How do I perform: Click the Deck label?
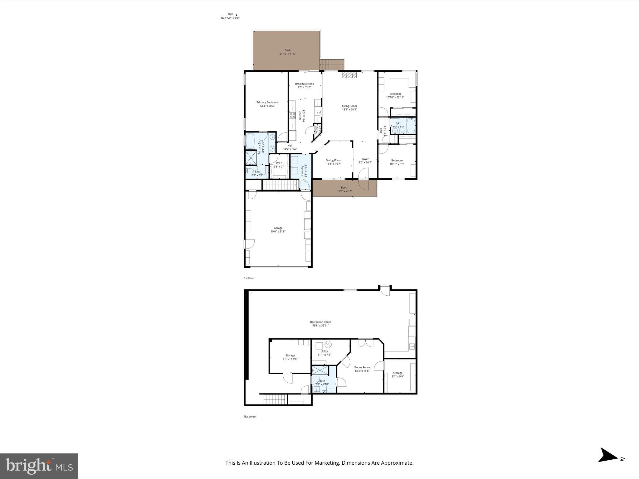pyautogui.click(x=287, y=50)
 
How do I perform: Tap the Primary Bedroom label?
pyautogui.click(x=267, y=102)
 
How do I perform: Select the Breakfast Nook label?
pyautogui.click(x=304, y=84)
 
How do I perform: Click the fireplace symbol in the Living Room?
pyautogui.click(x=349, y=75)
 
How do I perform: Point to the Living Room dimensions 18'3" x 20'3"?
pyautogui.click(x=349, y=109)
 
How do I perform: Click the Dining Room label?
pyautogui.click(x=334, y=160)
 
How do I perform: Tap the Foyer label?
pyautogui.click(x=365, y=159)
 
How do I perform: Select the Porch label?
pyautogui.click(x=344, y=187)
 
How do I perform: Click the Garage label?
pyautogui.click(x=278, y=228)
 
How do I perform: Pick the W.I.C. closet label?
pyautogui.click(x=279, y=163)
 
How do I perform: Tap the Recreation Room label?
pyautogui.click(x=320, y=322)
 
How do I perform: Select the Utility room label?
pyautogui.click(x=324, y=351)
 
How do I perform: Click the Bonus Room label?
pyautogui.click(x=362, y=367)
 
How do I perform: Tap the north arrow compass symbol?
pyautogui.click(x=608, y=464)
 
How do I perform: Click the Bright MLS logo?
pyautogui.click(x=39, y=466)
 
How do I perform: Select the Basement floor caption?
pyautogui.click(x=250, y=416)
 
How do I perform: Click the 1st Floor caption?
pyautogui.click(x=249, y=278)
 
